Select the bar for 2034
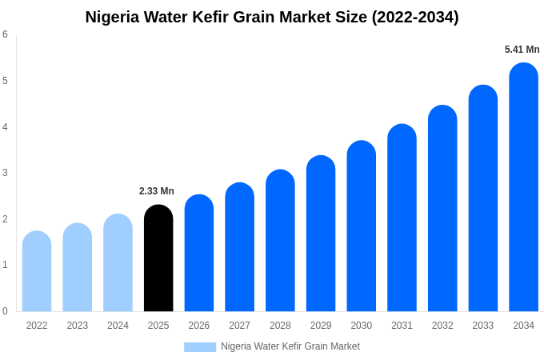pyautogui.click(x=523, y=187)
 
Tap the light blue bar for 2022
pyautogui.click(x=37, y=271)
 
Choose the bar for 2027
pyautogui.click(x=239, y=247)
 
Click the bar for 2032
pyautogui.click(x=442, y=209)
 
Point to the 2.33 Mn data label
pyautogui.click(x=157, y=191)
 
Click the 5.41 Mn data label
pyautogui.click(x=522, y=50)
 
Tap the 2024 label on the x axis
pyautogui.click(x=118, y=326)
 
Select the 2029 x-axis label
pyautogui.click(x=321, y=326)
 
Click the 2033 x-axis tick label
pyautogui.click(x=482, y=326)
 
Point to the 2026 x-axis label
pyautogui.click(x=199, y=326)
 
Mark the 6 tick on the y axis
pyautogui.click(x=5, y=34)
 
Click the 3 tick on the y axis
pyautogui.click(x=5, y=173)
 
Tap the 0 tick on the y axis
pyautogui.click(x=5, y=311)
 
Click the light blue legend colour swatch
pyautogui.click(x=200, y=347)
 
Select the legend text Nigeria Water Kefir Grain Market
pyautogui.click(x=290, y=346)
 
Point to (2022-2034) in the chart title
pyautogui.click(x=414, y=17)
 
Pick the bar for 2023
pyautogui.click(x=78, y=267)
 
